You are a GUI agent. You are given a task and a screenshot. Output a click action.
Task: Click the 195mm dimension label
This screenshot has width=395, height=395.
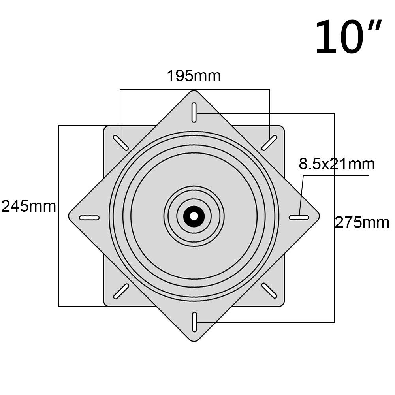click(x=194, y=76)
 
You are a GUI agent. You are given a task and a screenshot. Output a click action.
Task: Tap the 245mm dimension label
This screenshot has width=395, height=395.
click(x=29, y=206)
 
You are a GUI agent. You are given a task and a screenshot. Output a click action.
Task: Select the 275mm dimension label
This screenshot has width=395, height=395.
click(x=362, y=223)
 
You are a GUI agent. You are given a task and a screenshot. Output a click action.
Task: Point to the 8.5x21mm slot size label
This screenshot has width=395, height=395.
click(x=337, y=164)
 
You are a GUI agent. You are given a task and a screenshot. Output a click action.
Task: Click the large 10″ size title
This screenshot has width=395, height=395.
click(x=348, y=36)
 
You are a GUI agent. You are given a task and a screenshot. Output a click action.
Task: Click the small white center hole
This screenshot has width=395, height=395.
click(x=194, y=216)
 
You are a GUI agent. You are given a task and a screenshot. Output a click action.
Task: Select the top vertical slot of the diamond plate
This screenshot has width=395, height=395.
click(x=194, y=113)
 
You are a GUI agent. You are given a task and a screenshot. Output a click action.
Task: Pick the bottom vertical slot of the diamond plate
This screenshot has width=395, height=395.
click(x=194, y=322)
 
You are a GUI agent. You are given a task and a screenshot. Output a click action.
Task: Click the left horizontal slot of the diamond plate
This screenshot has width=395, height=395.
click(x=89, y=218)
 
